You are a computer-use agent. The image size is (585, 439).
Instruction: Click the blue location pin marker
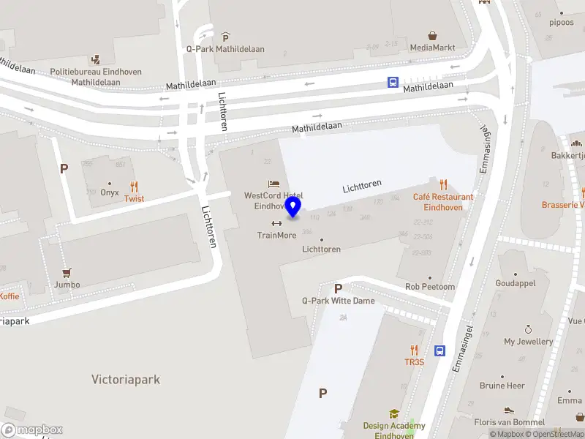tap(293, 207)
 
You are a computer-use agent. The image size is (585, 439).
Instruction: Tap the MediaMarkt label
tap(432, 48)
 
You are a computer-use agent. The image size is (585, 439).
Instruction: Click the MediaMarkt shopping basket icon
tap(433, 35)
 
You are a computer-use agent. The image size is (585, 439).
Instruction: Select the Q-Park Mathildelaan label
tap(225, 49)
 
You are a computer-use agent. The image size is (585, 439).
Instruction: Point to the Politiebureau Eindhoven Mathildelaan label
tap(96, 77)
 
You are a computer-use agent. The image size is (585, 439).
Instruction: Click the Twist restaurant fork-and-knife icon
tap(134, 187)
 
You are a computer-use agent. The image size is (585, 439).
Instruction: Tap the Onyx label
tap(110, 192)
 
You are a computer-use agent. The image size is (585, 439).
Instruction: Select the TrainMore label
tap(276, 235)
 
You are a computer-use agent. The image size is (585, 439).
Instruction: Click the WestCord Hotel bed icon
tap(273, 183)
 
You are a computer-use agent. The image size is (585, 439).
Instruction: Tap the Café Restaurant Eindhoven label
tap(443, 202)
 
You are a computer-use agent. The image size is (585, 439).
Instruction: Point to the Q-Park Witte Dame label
tap(338, 301)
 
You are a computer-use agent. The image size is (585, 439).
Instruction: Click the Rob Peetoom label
tap(430, 287)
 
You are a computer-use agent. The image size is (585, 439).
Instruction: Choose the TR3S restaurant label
tap(414, 362)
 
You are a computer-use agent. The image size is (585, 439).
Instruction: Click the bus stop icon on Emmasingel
tap(440, 350)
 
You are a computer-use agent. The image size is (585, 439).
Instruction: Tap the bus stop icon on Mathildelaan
tap(393, 82)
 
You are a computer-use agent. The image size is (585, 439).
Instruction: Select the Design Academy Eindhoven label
tap(394, 430)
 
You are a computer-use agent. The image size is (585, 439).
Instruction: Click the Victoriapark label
tap(126, 380)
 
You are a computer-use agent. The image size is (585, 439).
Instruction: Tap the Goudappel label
tap(516, 283)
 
